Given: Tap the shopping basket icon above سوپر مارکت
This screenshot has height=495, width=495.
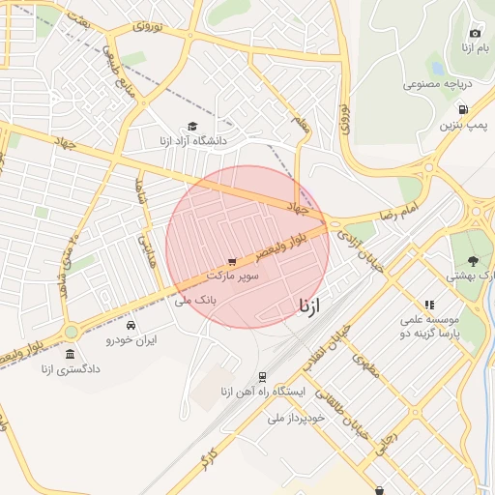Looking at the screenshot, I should click(232, 261).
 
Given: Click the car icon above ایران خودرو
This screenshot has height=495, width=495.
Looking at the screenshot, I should click(131, 325).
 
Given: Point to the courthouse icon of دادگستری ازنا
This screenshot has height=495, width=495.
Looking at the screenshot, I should click(70, 355).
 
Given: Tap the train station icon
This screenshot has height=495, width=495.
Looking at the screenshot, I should click(262, 377).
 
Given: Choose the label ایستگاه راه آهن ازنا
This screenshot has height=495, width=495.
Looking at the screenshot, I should click(263, 393).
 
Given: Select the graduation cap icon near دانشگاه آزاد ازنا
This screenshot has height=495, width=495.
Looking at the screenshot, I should click(192, 127).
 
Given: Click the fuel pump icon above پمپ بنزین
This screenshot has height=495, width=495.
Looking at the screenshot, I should click(464, 110).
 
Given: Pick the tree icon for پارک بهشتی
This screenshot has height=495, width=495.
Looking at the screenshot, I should click(473, 260).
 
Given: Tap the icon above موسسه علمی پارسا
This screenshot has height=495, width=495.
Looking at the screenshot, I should click(429, 305).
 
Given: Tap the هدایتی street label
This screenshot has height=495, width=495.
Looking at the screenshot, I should click(147, 247).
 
